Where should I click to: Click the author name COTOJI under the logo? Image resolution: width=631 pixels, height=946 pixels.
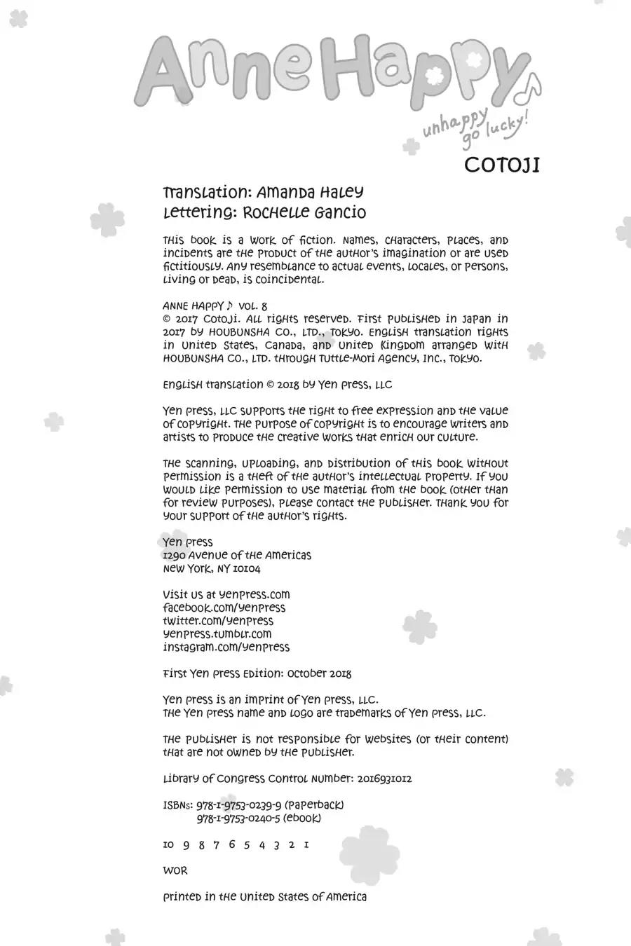click(501, 165)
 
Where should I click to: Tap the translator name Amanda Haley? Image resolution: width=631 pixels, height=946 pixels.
click(310, 192)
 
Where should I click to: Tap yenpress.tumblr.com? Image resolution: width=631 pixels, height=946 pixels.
click(217, 634)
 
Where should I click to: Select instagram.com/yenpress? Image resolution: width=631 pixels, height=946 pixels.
click(226, 647)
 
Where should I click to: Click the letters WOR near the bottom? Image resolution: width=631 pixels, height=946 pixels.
click(175, 871)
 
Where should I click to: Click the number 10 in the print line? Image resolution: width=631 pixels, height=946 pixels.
click(168, 844)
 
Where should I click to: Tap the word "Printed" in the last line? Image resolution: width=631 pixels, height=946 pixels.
click(182, 897)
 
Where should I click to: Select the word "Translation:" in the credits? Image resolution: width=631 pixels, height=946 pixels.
click(204, 192)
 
